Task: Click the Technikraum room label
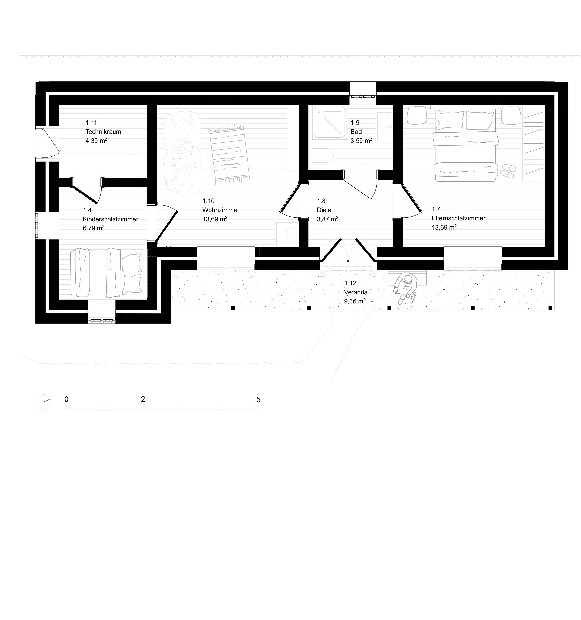103,132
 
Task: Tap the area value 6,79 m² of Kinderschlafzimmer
93,228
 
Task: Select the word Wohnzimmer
221,210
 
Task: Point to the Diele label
324,210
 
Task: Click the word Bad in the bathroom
356,132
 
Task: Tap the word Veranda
356,292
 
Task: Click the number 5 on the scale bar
258,399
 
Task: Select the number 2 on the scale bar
143,399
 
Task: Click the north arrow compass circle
43,402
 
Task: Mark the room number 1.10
209,201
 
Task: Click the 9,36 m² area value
355,301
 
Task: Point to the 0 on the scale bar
67,399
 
